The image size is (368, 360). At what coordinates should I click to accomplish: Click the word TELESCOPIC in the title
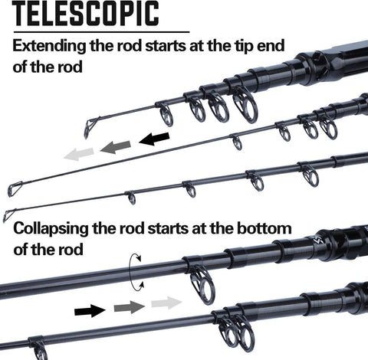(x=86, y=13)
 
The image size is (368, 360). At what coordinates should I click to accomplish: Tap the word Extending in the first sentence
(x=49, y=47)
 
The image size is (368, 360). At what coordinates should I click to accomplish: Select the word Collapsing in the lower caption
(x=51, y=229)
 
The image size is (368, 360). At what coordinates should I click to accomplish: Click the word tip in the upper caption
(x=244, y=47)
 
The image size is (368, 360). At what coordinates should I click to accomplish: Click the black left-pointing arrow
(x=154, y=139)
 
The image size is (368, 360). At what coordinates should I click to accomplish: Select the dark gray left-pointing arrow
(x=116, y=147)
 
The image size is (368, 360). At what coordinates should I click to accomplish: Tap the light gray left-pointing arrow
(x=79, y=154)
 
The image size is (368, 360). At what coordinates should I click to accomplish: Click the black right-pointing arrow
(x=90, y=311)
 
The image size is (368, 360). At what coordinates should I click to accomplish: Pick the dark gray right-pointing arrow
(x=130, y=307)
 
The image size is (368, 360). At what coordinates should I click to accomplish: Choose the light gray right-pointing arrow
(x=166, y=303)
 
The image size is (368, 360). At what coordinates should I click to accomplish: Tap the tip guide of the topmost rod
(x=89, y=128)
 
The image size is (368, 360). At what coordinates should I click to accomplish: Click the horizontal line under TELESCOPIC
(x=101, y=32)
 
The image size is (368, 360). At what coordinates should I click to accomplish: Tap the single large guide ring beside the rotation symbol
(x=202, y=285)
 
